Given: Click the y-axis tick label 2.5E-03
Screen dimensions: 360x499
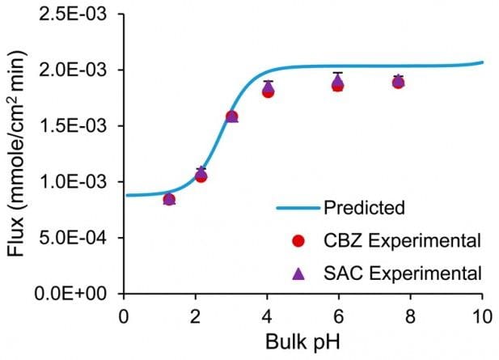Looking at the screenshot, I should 78,14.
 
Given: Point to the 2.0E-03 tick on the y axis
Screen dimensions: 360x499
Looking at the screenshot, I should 78,70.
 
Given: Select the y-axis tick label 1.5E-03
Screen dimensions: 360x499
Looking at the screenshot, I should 78,126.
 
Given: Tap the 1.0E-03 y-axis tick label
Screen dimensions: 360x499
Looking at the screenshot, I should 78,182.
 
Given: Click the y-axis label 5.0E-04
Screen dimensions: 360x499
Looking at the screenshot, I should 78,238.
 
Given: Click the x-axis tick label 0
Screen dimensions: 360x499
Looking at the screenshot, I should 123,313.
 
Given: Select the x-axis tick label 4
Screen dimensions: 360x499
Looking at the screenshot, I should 267,313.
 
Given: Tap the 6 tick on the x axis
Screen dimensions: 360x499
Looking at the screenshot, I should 339,313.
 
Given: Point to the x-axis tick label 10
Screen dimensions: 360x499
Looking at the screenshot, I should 482,313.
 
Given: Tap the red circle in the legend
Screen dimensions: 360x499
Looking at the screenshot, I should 298,240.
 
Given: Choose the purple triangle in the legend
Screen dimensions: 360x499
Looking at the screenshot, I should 298,273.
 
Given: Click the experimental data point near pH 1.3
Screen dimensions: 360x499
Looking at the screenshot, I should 169,199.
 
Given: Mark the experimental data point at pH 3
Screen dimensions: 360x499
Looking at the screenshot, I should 231,116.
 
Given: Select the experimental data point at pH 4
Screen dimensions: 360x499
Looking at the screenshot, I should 268,90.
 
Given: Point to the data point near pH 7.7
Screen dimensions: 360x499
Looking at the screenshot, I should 398,82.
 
